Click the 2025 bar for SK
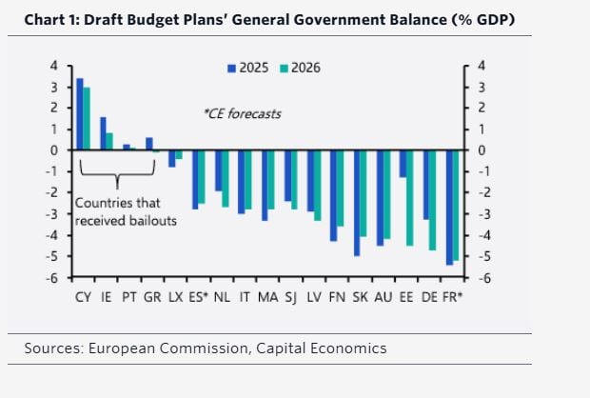click(357, 202)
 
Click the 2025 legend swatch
click(231, 68)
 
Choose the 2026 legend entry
click(298, 68)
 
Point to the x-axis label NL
click(221, 297)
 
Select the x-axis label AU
click(383, 297)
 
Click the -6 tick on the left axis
click(54, 278)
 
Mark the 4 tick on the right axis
click(482, 66)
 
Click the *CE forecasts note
click(242, 113)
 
